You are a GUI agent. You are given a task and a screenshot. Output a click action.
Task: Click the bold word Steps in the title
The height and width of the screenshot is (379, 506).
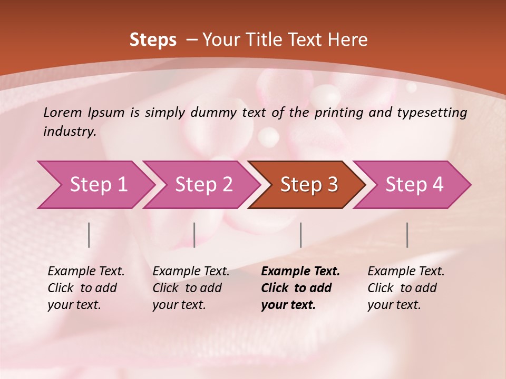pyautogui.click(x=153, y=40)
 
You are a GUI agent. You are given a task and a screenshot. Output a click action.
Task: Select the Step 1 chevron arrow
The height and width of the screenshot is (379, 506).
pyautogui.click(x=95, y=184)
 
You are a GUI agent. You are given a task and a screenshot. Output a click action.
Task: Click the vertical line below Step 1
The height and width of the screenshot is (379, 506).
pyautogui.click(x=89, y=235)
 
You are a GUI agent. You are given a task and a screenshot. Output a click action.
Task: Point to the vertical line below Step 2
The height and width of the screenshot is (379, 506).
pyautogui.click(x=194, y=235)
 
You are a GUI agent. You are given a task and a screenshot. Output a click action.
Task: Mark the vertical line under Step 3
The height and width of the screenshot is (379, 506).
pyautogui.click(x=300, y=235)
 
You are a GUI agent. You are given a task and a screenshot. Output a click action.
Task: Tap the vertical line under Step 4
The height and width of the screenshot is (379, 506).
pyautogui.click(x=407, y=235)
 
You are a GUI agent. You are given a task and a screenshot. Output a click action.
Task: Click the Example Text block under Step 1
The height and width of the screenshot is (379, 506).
pyautogui.click(x=86, y=288)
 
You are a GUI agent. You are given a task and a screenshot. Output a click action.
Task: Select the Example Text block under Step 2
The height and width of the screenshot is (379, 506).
pyautogui.click(x=191, y=288)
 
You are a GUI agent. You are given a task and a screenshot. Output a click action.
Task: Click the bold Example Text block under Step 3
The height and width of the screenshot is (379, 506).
pyautogui.click(x=300, y=288)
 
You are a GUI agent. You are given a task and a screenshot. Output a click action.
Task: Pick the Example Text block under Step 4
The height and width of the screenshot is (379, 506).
pyautogui.click(x=406, y=288)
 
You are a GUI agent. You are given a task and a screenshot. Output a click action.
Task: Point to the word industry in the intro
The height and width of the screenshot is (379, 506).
pyautogui.click(x=69, y=131)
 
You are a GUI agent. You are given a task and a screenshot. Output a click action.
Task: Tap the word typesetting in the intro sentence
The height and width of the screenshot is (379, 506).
pyautogui.click(x=437, y=113)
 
